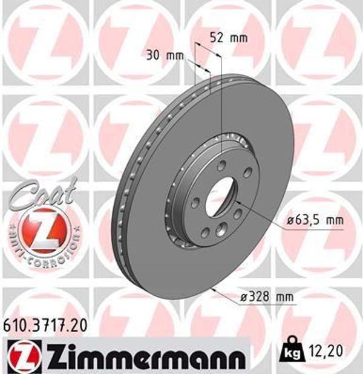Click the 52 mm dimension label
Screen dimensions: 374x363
click(228, 38)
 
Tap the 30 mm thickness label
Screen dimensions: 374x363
click(165, 56)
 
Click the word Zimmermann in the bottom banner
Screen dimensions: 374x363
click(145, 353)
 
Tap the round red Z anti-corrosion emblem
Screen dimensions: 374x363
click(41, 231)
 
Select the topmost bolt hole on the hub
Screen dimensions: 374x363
click(221, 165)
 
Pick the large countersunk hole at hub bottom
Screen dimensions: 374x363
click(221, 228)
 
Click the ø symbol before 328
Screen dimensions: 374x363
click(244, 297)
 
